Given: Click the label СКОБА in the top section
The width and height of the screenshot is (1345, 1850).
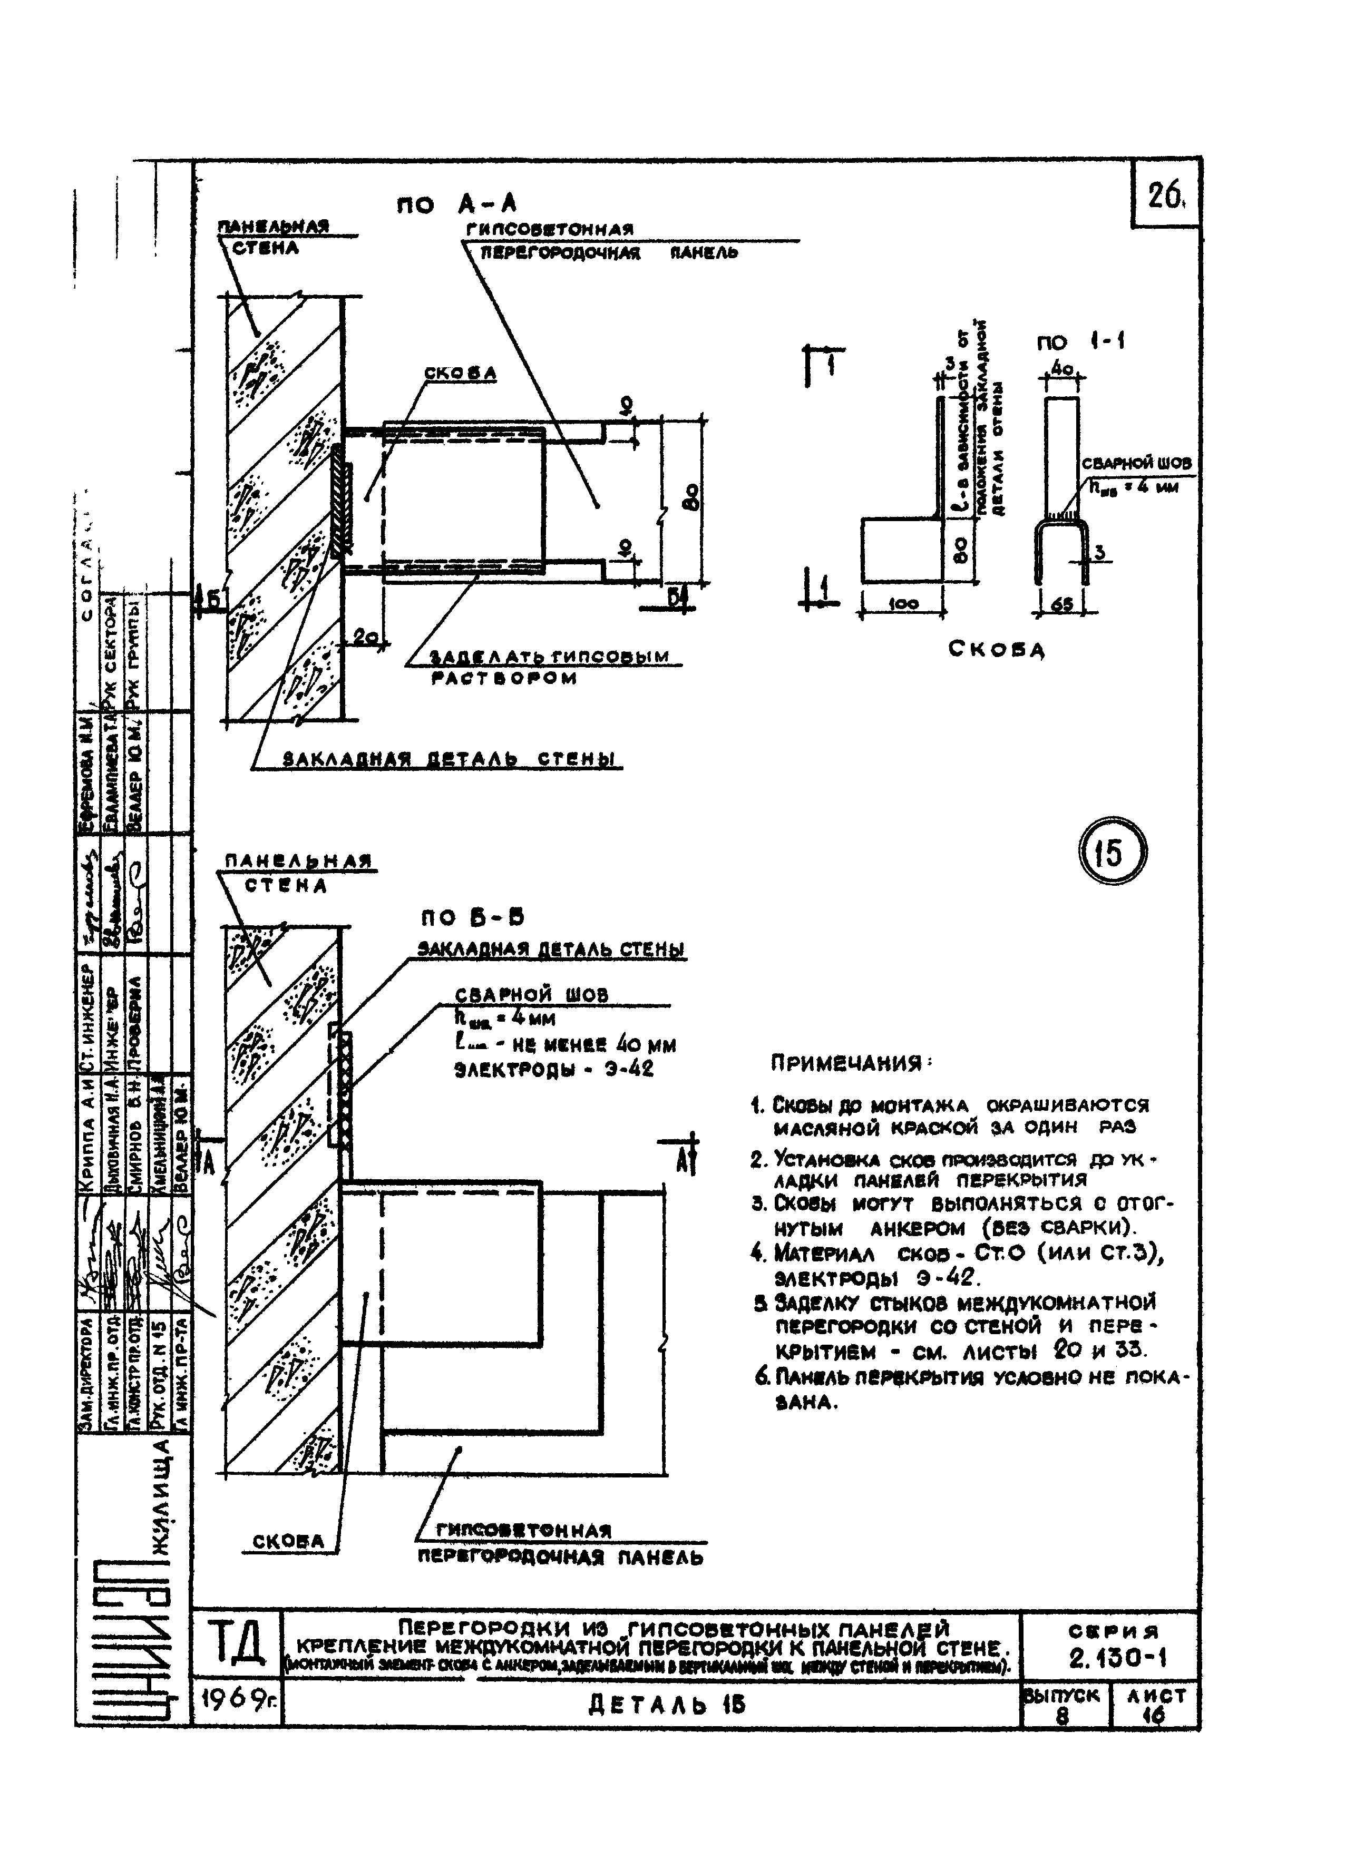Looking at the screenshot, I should point(460,373).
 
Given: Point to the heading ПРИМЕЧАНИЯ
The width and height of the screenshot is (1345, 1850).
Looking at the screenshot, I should point(852,1064).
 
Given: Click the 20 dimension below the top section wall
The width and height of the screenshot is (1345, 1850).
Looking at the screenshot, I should point(366,639).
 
